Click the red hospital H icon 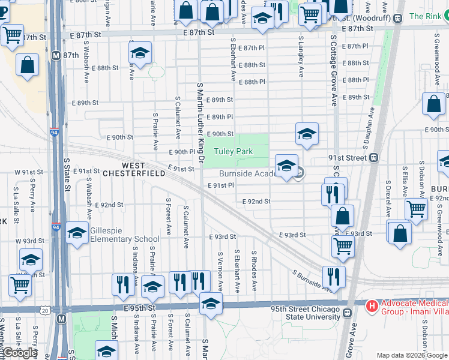point(372,307)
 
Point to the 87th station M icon point(56,55)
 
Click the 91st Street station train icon point(373,158)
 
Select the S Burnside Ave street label point(312,281)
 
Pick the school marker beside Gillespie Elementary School point(77,233)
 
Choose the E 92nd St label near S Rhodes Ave point(256,202)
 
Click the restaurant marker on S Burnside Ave point(333,277)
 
